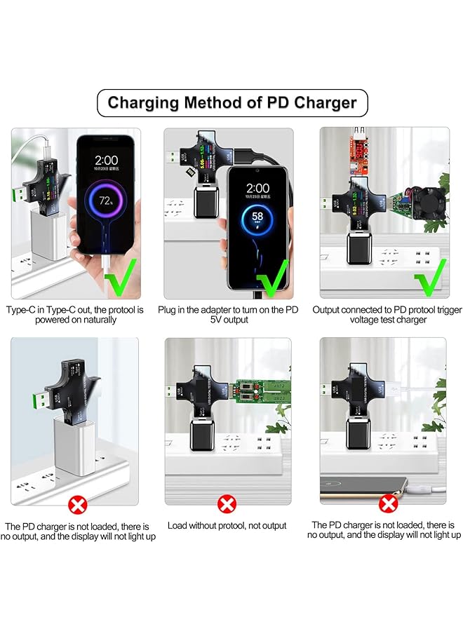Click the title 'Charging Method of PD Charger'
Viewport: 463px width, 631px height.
231,104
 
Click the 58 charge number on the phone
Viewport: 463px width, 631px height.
257,217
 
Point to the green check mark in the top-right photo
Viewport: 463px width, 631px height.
429,278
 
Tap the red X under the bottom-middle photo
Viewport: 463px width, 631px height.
227,503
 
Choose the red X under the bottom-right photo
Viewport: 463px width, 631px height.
388,503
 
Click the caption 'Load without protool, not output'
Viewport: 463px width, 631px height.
227,525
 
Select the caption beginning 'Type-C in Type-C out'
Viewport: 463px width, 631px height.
76,314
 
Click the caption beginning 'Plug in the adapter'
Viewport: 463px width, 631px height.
227,314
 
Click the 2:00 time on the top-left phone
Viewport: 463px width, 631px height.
107,160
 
